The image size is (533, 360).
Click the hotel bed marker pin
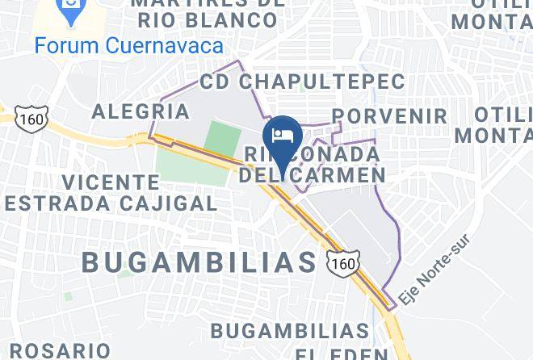click(x=283, y=135)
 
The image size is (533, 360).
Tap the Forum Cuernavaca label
click(x=128, y=45)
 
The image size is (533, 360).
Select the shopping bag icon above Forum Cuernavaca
click(x=70, y=11)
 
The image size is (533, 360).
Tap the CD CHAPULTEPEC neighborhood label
click(x=302, y=82)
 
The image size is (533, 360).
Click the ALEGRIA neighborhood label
click(x=134, y=111)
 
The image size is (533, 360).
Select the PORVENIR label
click(x=389, y=116)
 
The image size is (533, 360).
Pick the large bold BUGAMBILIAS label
click(x=199, y=262)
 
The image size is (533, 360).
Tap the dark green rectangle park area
click(x=222, y=139)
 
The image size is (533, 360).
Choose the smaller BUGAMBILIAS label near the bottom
click(x=289, y=331)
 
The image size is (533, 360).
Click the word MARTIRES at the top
click(x=208, y=2)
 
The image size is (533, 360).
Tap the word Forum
click(x=66, y=45)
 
